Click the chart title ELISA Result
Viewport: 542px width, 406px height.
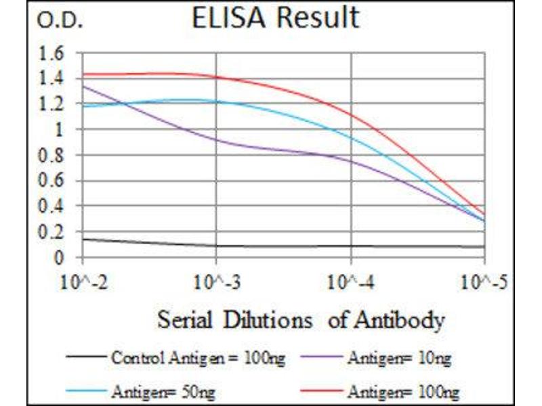point(274,19)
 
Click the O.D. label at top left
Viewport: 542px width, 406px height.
point(60,22)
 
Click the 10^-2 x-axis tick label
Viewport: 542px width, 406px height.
point(83,280)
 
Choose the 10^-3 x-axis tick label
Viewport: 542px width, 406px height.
point(216,280)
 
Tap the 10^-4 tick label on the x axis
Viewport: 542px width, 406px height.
point(350,280)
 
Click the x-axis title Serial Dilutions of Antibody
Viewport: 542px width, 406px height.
point(301,320)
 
